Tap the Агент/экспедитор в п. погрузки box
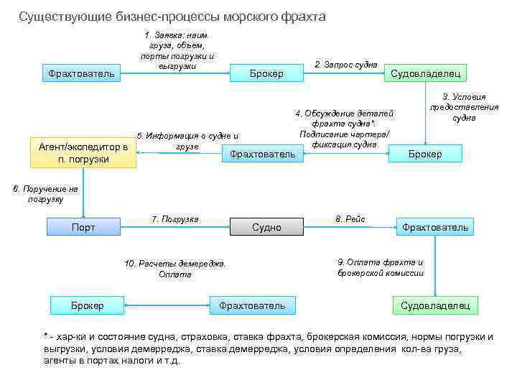pyautogui.click(x=83, y=152)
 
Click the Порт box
pyautogui.click(x=83, y=228)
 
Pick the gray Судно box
pyautogui.click(x=266, y=228)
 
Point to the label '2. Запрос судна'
pyautogui.click(x=346, y=65)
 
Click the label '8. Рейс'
pyautogui.click(x=350, y=218)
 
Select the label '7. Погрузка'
pyautogui.click(x=174, y=218)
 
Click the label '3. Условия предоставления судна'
pyautogui.click(x=464, y=107)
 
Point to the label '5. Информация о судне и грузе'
pyautogui.click(x=187, y=141)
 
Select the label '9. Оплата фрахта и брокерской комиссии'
pyautogui.click(x=381, y=267)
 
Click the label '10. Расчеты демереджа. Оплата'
pyautogui.click(x=175, y=269)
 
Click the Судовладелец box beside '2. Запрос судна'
pyautogui.click(x=428, y=73)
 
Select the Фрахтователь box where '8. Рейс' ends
pyautogui.click(x=435, y=228)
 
